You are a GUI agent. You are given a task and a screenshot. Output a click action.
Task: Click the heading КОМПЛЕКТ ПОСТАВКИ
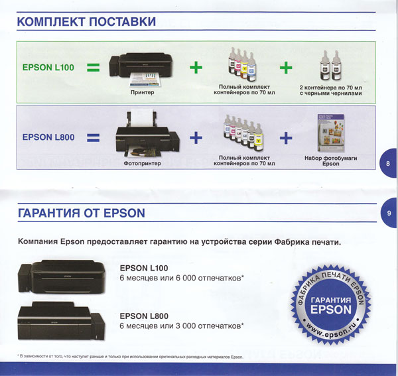click(x=86, y=22)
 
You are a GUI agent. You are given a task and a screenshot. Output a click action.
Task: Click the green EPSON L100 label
click(x=48, y=68)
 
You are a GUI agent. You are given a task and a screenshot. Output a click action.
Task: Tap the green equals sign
click(x=93, y=68)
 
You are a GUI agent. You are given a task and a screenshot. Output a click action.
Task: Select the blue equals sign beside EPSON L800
click(x=93, y=137)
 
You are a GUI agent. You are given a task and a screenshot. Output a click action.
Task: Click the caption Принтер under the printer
click(x=142, y=92)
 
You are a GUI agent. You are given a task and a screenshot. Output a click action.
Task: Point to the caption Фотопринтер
click(x=142, y=163)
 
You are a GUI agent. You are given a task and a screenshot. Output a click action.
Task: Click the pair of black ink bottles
click(x=330, y=65)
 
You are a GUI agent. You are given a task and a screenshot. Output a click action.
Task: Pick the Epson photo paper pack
click(x=331, y=133)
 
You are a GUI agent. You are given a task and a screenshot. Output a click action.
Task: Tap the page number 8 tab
click(x=388, y=163)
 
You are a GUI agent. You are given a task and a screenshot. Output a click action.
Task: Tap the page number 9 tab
click(x=389, y=213)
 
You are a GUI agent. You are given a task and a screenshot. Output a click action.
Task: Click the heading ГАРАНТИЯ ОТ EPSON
click(x=82, y=213)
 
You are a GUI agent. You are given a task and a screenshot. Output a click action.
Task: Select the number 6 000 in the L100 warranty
click(x=186, y=278)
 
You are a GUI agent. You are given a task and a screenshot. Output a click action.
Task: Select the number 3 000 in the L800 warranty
click(x=186, y=326)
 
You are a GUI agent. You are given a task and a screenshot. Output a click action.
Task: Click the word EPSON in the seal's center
click(x=331, y=310)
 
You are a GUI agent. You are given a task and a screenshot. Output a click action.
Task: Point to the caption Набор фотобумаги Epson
click(x=331, y=161)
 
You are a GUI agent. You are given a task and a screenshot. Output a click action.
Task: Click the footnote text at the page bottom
click(x=130, y=357)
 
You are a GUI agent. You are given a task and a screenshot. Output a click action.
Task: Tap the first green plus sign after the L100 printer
click(x=196, y=68)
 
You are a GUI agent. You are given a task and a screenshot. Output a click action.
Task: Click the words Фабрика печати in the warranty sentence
click(x=307, y=242)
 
